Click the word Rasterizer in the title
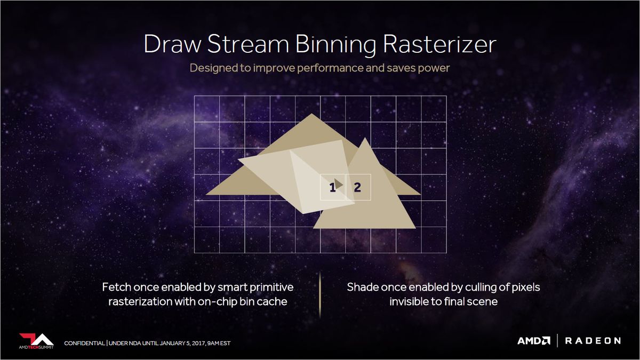point(438,45)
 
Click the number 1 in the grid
point(332,187)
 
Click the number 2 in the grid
point(357,187)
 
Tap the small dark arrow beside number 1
point(339,183)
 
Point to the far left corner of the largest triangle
point(207,194)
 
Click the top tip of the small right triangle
point(364,138)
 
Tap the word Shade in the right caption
point(363,287)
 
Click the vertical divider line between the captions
point(320,294)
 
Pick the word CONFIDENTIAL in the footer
point(84,342)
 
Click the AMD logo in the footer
point(534,341)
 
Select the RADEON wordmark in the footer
point(593,341)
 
